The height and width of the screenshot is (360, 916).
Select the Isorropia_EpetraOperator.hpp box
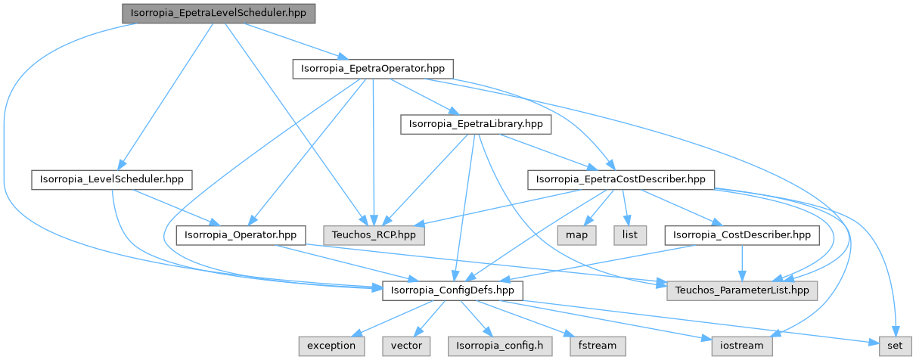372,69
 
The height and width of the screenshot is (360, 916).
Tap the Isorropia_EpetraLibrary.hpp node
476,124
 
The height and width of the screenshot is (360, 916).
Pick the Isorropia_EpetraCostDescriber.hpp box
620,179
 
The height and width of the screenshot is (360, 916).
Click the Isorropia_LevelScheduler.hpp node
111,179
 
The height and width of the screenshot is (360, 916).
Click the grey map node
576,234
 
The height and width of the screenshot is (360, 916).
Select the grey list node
630,234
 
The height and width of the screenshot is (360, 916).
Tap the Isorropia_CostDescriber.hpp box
741,234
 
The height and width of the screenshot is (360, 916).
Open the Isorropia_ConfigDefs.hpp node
452,290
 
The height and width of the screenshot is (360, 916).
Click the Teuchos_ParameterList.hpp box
742,290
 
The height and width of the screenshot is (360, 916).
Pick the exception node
331,345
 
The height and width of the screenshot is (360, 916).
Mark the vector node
406,345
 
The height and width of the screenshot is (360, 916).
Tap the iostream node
741,345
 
